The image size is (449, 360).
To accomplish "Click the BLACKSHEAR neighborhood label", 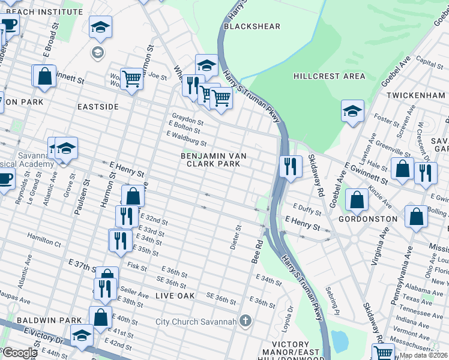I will tap(244, 26).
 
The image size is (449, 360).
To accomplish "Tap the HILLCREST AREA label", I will tap(329, 76).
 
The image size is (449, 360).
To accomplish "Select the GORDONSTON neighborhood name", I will tap(367, 219).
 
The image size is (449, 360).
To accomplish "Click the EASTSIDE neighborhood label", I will tap(98, 106).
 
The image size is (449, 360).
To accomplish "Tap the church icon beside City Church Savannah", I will tap(244, 322).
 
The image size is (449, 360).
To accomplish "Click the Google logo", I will tap(19, 353).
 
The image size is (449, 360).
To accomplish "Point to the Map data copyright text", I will tap(424, 355).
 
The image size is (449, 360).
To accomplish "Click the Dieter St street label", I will tap(238, 236).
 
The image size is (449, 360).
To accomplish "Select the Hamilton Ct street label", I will tap(44, 244).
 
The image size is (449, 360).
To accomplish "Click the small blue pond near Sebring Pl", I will tap(339, 341).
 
